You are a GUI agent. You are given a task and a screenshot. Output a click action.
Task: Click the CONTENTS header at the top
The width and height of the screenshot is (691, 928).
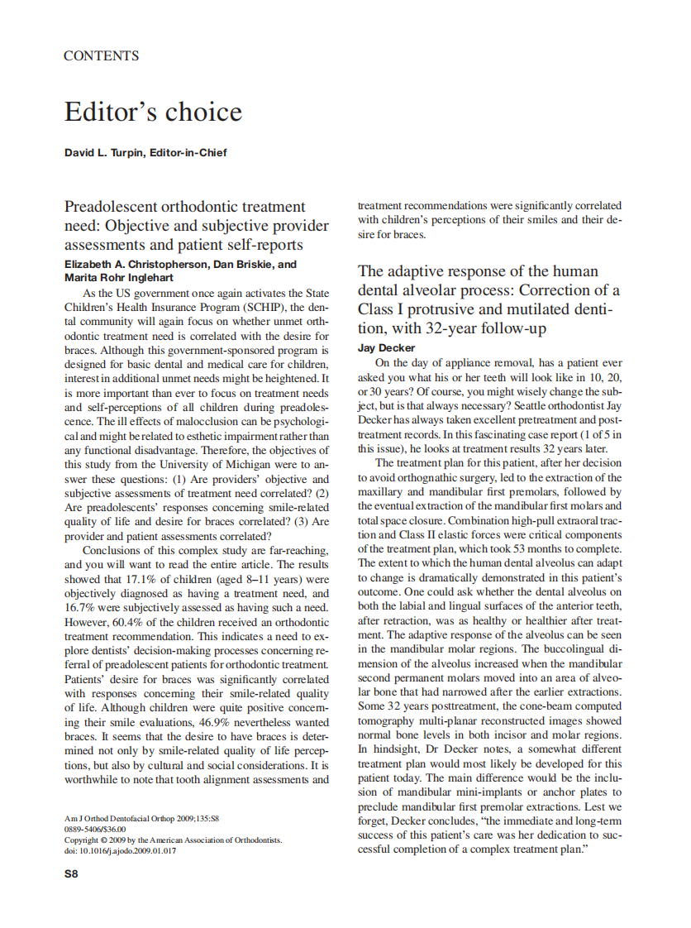click(x=102, y=56)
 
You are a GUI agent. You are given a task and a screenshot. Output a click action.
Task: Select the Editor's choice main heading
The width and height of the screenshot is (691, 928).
click(x=153, y=112)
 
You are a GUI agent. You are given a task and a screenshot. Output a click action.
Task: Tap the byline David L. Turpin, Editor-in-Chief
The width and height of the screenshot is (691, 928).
click(x=145, y=153)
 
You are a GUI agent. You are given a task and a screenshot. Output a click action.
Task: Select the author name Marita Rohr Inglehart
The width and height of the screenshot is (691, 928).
click(x=118, y=278)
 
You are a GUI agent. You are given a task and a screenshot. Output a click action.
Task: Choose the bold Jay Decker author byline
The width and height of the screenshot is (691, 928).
click(x=386, y=348)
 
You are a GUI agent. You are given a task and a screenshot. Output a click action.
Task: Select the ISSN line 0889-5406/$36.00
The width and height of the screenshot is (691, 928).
click(x=95, y=830)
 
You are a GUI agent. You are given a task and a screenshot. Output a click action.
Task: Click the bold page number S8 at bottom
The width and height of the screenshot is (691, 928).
click(x=72, y=873)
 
